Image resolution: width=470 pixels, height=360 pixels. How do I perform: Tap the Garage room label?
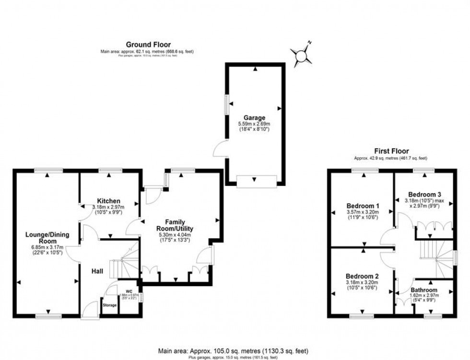click(x=254, y=117)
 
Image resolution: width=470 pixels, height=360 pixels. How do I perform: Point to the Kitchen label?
click(x=108, y=200)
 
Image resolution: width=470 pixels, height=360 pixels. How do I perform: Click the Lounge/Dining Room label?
click(x=47, y=238)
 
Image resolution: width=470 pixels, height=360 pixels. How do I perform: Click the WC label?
click(x=128, y=291)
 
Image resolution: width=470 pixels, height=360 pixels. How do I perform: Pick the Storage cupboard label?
click(x=109, y=305)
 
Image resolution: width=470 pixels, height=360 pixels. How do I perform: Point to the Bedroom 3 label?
click(x=422, y=194)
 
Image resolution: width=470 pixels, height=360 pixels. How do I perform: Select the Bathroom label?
click(x=424, y=290)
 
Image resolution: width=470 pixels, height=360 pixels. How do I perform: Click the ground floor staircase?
click(x=124, y=263)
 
